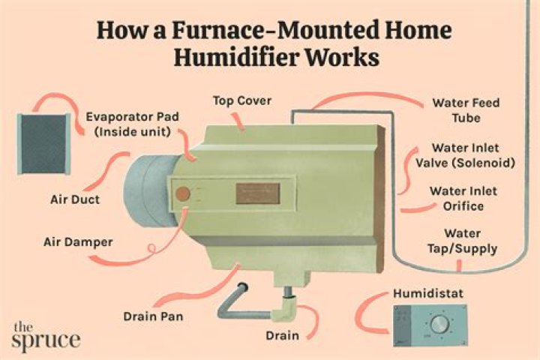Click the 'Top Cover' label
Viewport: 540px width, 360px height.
(242, 101)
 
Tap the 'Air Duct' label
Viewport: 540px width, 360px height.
(75, 199)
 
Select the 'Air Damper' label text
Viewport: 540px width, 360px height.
(78, 242)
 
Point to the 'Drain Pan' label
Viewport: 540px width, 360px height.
(153, 316)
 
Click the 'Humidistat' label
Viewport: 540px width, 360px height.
(428, 293)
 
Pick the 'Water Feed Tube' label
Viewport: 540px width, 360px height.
(466, 110)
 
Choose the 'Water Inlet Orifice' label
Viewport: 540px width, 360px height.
(463, 199)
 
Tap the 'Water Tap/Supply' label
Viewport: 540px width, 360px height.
(463, 241)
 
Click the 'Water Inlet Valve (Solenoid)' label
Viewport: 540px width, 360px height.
(466, 155)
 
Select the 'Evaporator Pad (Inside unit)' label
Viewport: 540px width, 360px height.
(133, 124)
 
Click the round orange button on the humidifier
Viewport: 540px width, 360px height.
(183, 193)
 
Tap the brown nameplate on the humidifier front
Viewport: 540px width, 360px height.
(257, 193)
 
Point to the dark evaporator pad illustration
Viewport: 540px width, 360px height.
(43, 144)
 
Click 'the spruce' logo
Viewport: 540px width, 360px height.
(46, 336)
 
